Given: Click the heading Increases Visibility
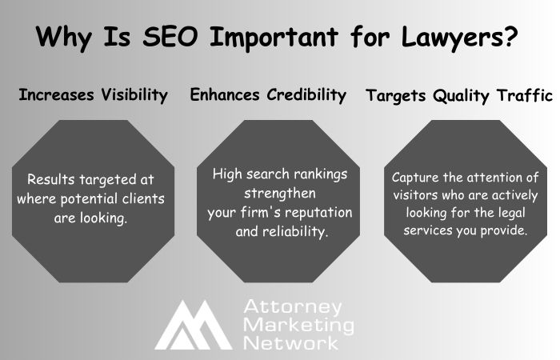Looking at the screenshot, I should coord(93,95).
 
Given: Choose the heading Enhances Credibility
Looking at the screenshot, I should coord(268,95).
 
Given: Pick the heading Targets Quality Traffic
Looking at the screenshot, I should coord(459,96).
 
